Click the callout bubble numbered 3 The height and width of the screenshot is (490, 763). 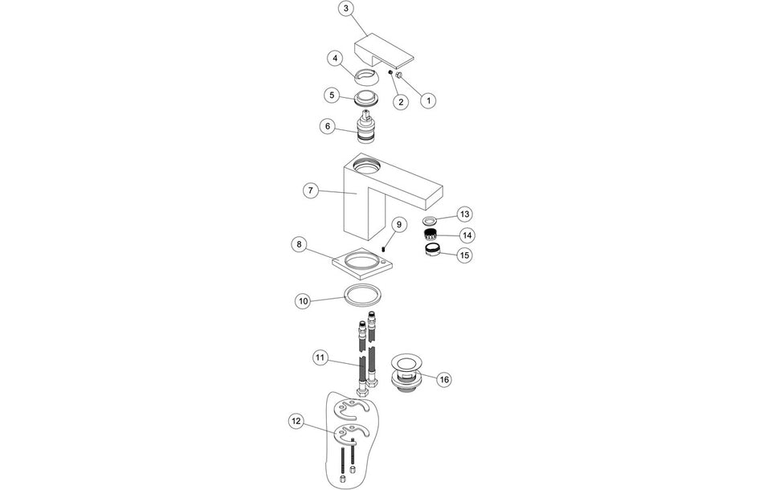pyautogui.click(x=345, y=9)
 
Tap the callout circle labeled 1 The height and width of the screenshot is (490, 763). pyautogui.click(x=429, y=101)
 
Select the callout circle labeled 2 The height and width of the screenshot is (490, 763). pyautogui.click(x=400, y=102)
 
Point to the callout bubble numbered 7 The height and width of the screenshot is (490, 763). pyautogui.click(x=311, y=191)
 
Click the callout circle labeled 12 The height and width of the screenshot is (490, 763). pyautogui.click(x=297, y=420)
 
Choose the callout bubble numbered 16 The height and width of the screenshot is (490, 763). pyautogui.click(x=444, y=379)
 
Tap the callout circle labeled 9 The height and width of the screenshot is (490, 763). pyautogui.click(x=399, y=224)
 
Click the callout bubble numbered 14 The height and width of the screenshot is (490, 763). pyautogui.click(x=465, y=235)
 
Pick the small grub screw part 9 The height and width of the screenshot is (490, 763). pyautogui.click(x=386, y=248)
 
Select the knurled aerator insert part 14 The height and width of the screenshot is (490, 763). pyautogui.click(x=432, y=235)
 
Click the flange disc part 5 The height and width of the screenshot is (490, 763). pyautogui.click(x=367, y=100)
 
